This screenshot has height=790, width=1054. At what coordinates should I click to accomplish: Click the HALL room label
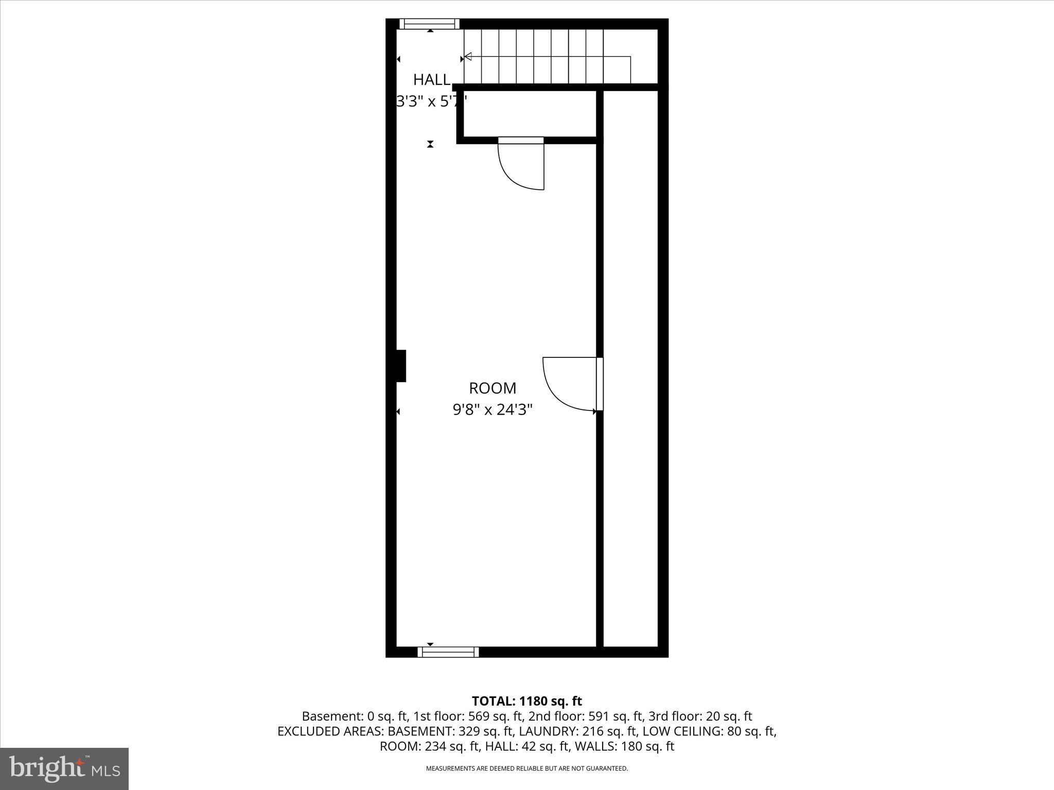[x=431, y=80]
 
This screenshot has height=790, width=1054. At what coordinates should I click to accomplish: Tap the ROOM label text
[x=492, y=388]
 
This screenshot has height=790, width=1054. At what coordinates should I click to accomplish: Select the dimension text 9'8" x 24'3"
[x=492, y=410]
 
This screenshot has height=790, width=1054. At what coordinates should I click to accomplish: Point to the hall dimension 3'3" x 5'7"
[x=431, y=101]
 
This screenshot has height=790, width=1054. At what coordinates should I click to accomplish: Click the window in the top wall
[x=429, y=24]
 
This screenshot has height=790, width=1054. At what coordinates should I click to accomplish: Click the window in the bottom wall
[x=448, y=652]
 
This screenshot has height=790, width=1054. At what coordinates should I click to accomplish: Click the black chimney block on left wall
[x=400, y=366]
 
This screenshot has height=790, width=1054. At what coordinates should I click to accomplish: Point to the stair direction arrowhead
[x=468, y=57]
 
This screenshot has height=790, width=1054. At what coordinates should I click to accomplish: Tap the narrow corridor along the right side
[x=630, y=360]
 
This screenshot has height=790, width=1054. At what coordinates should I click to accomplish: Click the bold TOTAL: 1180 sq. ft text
[x=526, y=701]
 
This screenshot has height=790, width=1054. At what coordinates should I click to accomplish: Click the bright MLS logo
[x=64, y=768]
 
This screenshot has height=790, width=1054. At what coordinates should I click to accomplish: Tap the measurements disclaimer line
[x=526, y=768]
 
